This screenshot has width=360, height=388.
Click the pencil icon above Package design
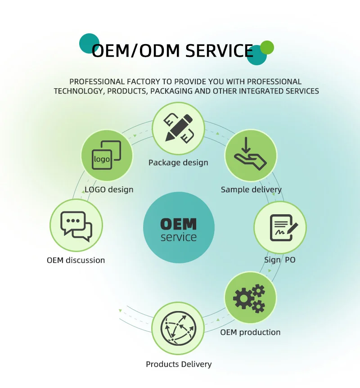[178, 128]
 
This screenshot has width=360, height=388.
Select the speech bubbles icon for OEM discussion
[76, 225]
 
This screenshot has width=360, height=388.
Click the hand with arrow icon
[250, 154]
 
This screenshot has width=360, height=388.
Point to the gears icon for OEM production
[250, 298]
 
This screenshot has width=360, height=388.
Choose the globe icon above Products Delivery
[178, 328]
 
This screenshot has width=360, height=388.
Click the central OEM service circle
[179, 228]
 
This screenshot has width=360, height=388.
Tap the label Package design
[178, 162]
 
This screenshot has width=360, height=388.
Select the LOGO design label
[109, 189]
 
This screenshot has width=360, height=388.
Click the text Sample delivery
[251, 189]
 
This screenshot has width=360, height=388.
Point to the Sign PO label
[279, 260]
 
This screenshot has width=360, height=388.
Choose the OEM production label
[250, 333]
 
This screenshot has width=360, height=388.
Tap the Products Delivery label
[179, 364]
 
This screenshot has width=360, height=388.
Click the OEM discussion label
[76, 260]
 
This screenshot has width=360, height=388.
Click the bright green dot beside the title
[267, 47]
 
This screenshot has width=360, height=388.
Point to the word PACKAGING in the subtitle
[213, 91]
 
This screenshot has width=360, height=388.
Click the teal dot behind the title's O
[89, 43]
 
